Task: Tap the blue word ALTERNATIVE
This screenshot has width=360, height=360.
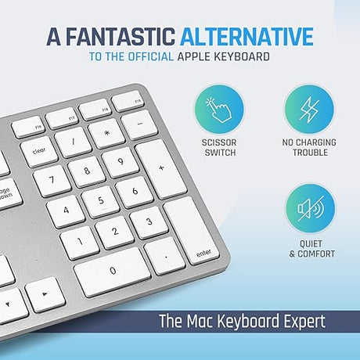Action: pos(247,37)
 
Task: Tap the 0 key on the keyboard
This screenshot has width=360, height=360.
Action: pos(113,271)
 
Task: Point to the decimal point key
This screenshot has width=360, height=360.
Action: pos(165,254)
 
